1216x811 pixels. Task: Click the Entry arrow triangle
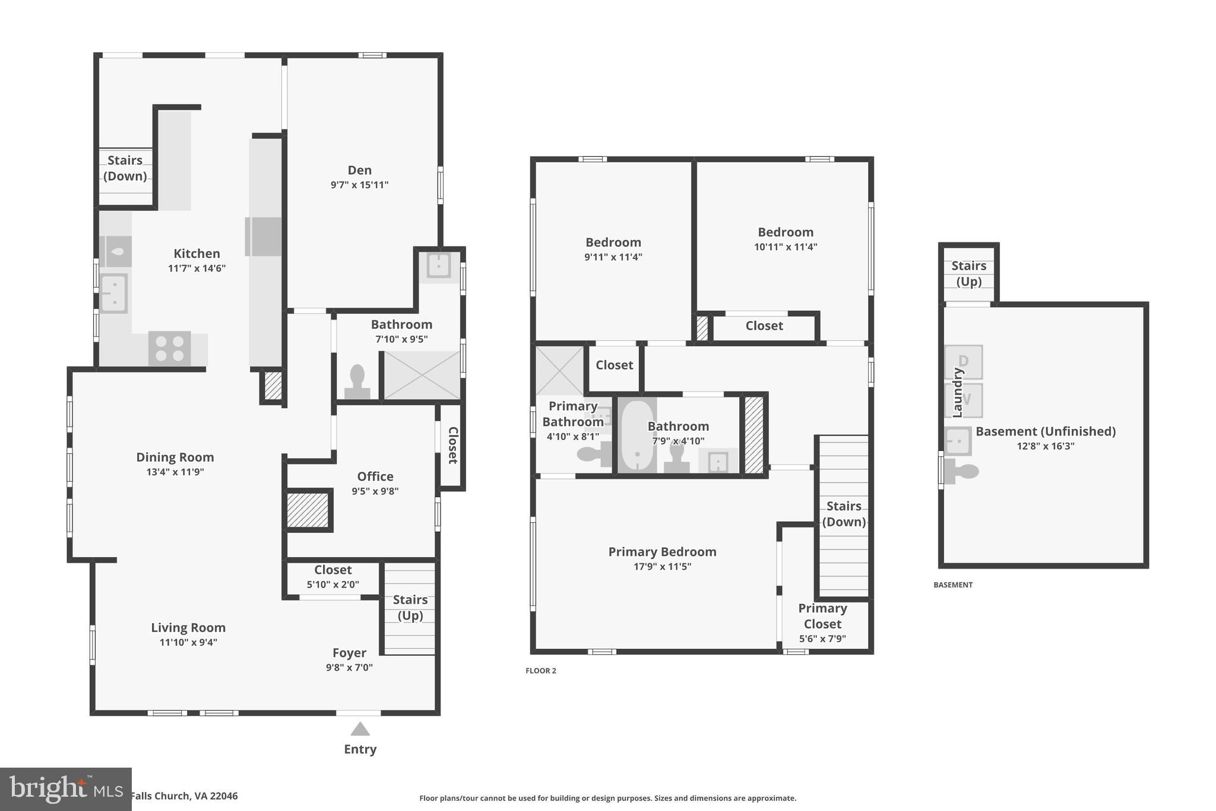(x=360, y=729)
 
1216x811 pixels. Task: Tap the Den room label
(x=359, y=171)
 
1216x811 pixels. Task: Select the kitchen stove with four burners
(x=169, y=348)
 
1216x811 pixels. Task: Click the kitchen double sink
(x=113, y=293)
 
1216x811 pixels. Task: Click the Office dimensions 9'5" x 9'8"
(x=375, y=491)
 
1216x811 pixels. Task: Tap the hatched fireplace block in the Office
(x=308, y=510)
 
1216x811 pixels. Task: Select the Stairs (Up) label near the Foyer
(x=410, y=607)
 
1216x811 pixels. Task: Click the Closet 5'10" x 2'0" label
(x=332, y=570)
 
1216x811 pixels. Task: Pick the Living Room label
(x=188, y=628)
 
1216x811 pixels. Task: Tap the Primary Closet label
(x=822, y=616)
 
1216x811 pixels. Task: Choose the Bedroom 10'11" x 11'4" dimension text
(x=785, y=247)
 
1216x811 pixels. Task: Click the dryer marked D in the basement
(x=964, y=361)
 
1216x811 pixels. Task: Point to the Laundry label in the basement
(x=957, y=392)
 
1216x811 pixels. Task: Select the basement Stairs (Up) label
(x=968, y=273)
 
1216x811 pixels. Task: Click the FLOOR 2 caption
(x=540, y=671)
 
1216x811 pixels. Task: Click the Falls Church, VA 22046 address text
(x=184, y=796)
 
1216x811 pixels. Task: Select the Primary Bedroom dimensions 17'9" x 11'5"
(x=662, y=567)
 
